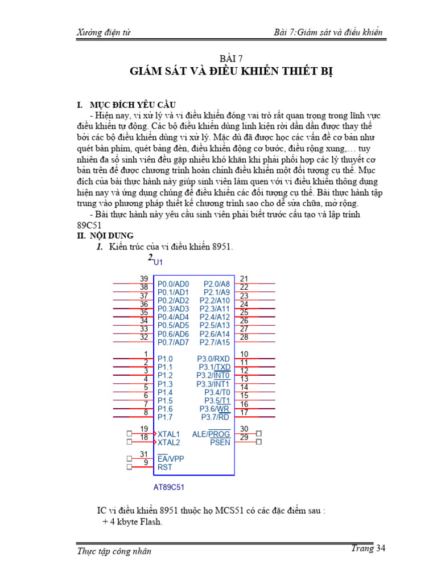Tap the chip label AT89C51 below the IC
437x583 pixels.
pos(169,487)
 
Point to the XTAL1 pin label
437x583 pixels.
pos(168,434)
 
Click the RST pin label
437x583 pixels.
pos(164,467)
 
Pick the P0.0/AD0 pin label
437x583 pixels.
pos(173,284)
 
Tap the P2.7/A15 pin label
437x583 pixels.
pos(215,342)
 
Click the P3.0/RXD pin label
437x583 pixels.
pos(213,359)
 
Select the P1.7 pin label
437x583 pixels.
pos(165,417)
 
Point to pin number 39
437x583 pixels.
pos(144,278)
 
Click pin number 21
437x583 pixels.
pos(244,278)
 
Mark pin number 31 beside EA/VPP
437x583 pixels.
pos(144,454)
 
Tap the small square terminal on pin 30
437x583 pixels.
pos(259,433)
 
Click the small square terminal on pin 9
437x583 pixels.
pos(129,467)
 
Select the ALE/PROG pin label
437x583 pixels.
pos(211,434)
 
